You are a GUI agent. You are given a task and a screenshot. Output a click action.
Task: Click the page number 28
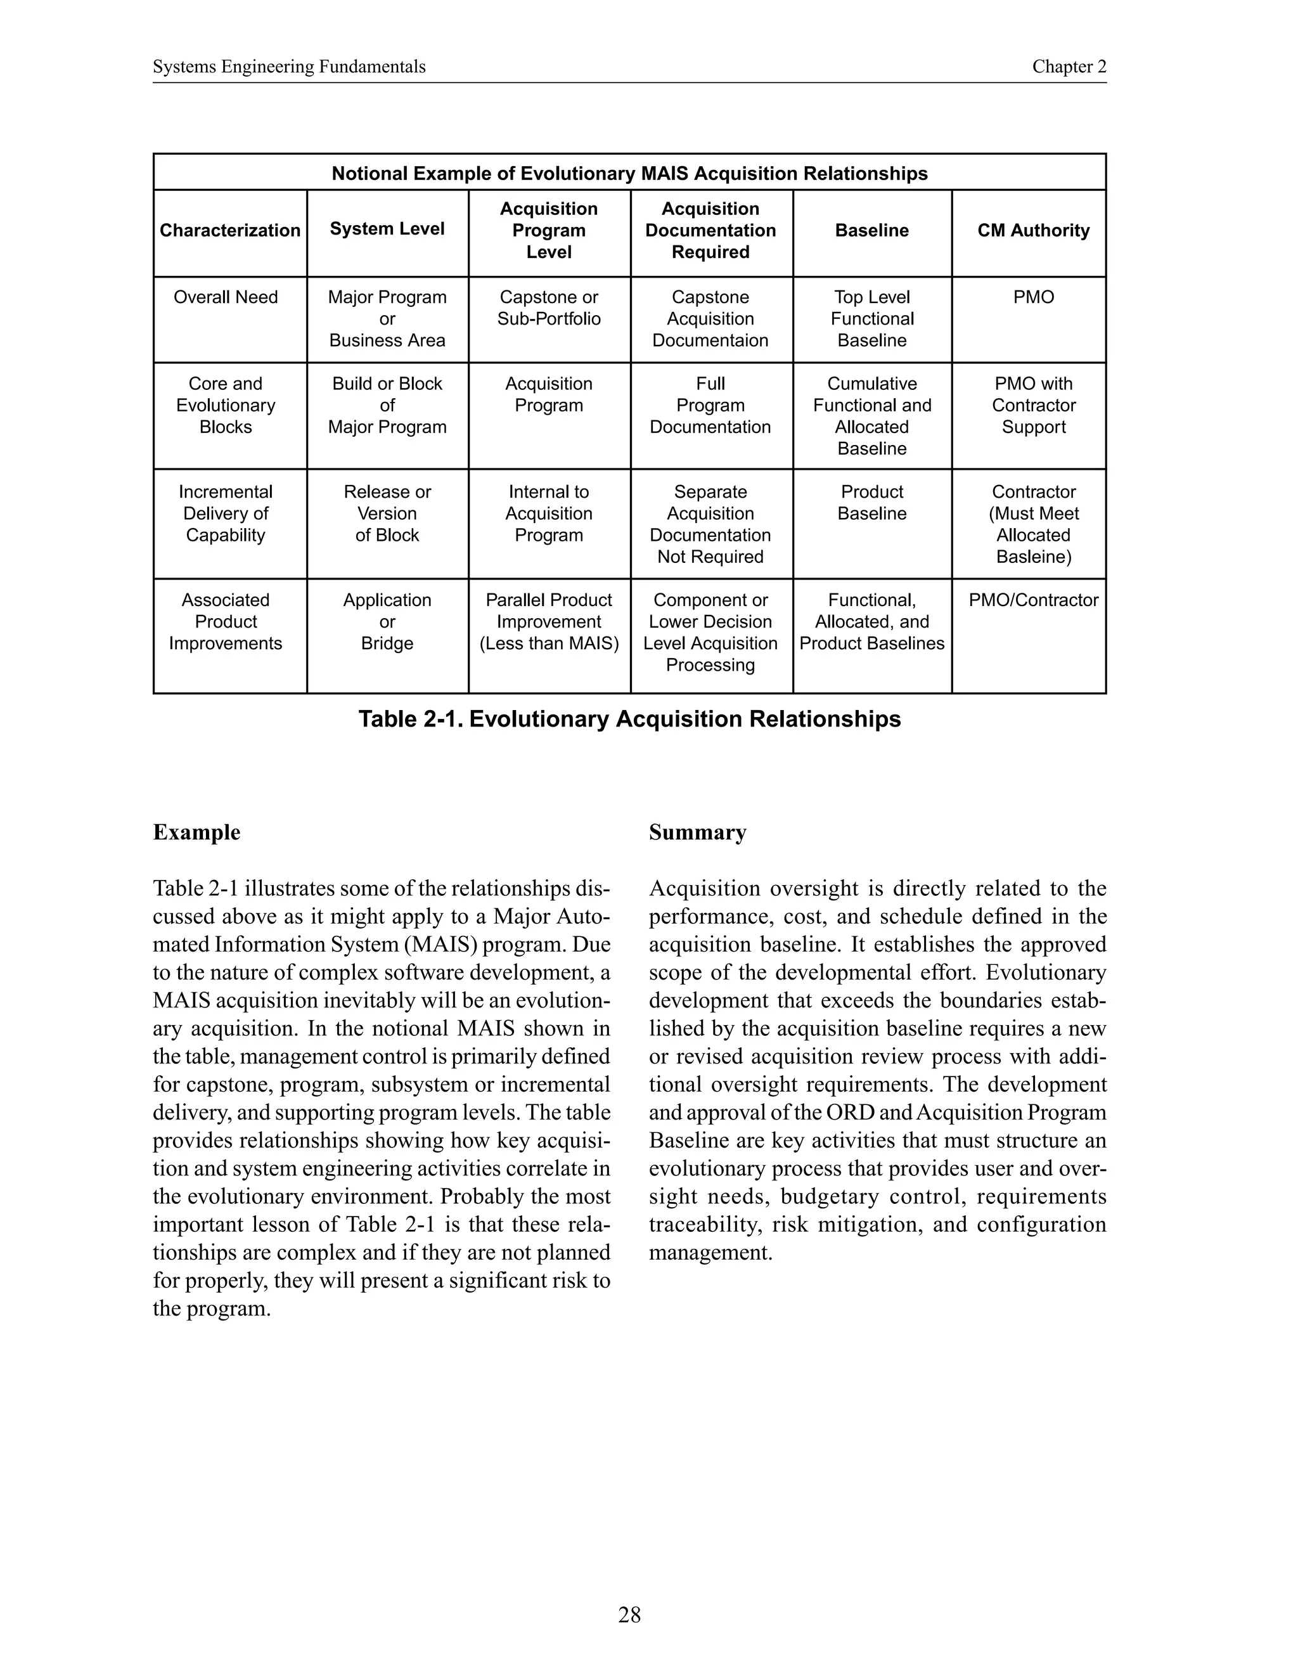629,1615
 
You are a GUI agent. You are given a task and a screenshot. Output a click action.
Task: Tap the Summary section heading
697,832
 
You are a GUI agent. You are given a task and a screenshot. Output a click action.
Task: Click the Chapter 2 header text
1069,67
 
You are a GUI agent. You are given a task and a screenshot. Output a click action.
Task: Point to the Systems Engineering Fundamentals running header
289,67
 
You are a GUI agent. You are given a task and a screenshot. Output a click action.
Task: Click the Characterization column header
230,230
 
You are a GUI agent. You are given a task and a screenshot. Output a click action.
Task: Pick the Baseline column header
871,230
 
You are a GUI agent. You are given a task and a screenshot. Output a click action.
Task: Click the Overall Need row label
225,297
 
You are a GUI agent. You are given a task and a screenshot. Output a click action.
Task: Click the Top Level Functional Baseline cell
871,318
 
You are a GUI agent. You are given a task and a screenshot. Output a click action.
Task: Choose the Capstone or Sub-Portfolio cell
548,307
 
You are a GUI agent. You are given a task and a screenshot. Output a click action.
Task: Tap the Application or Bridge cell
387,621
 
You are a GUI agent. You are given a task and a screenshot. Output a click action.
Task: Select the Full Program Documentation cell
710,405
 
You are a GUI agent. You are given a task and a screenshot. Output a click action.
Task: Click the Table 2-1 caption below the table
629,720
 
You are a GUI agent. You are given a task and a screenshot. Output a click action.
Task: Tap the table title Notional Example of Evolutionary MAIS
629,173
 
